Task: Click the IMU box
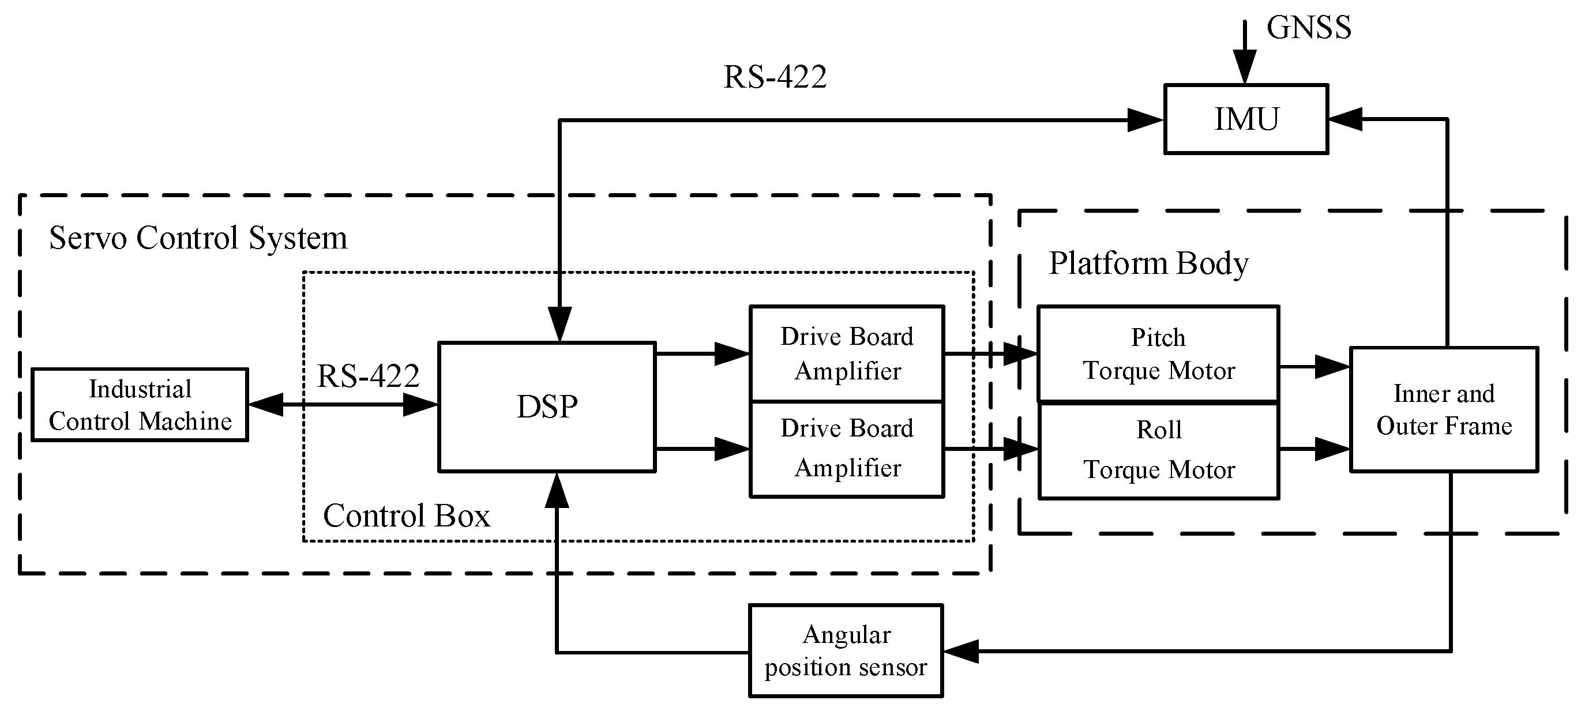coord(1245,119)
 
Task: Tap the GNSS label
coord(1308,27)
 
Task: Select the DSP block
coord(546,407)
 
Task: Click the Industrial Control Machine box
coord(140,405)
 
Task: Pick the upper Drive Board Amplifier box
coord(847,353)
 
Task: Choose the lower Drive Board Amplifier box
coord(847,449)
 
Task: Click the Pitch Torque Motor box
coord(1158,354)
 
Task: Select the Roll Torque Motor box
coord(1158,450)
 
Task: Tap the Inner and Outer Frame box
coord(1444,409)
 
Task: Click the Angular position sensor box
coord(846,650)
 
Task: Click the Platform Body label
coord(1148,263)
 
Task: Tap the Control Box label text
coord(406,515)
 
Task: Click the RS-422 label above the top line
coord(774,77)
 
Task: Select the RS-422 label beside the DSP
coord(368,375)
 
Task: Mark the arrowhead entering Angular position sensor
coord(960,650)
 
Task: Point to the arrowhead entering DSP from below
coord(557,490)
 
